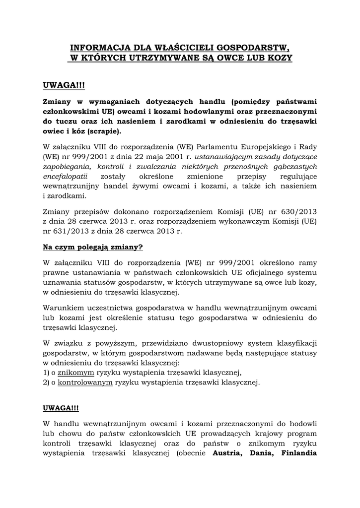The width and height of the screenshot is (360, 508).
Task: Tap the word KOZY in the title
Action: [x=280, y=59]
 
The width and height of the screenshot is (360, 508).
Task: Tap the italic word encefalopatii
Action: [x=66, y=176]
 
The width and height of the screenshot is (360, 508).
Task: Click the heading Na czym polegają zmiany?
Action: [x=93, y=247]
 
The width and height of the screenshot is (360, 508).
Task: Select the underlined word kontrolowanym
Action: [x=85, y=382]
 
